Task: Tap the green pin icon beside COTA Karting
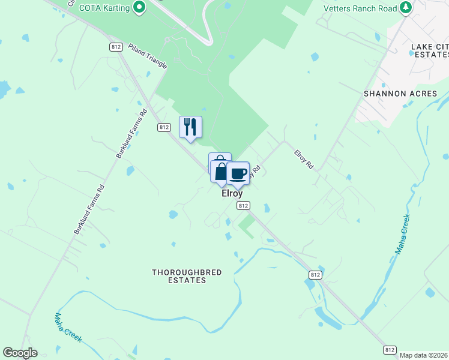pyautogui.click(x=139, y=7)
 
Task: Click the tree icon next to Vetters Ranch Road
pyautogui.click(x=406, y=7)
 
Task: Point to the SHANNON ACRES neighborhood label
pyautogui.click(x=400, y=94)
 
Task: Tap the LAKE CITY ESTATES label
pyautogui.click(x=430, y=50)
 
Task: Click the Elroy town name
pyautogui.click(x=232, y=193)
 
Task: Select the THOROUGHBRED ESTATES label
pyautogui.click(x=187, y=276)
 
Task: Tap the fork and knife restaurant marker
pyautogui.click(x=190, y=127)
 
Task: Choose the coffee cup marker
pyautogui.click(x=238, y=173)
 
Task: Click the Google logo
pyautogui.click(x=20, y=353)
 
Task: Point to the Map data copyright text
pyautogui.click(x=424, y=355)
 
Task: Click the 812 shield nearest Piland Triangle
pyautogui.click(x=116, y=46)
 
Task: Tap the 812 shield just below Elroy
pyautogui.click(x=243, y=205)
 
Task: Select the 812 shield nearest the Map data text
pyautogui.click(x=390, y=349)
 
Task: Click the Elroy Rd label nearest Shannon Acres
pyautogui.click(x=304, y=159)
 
